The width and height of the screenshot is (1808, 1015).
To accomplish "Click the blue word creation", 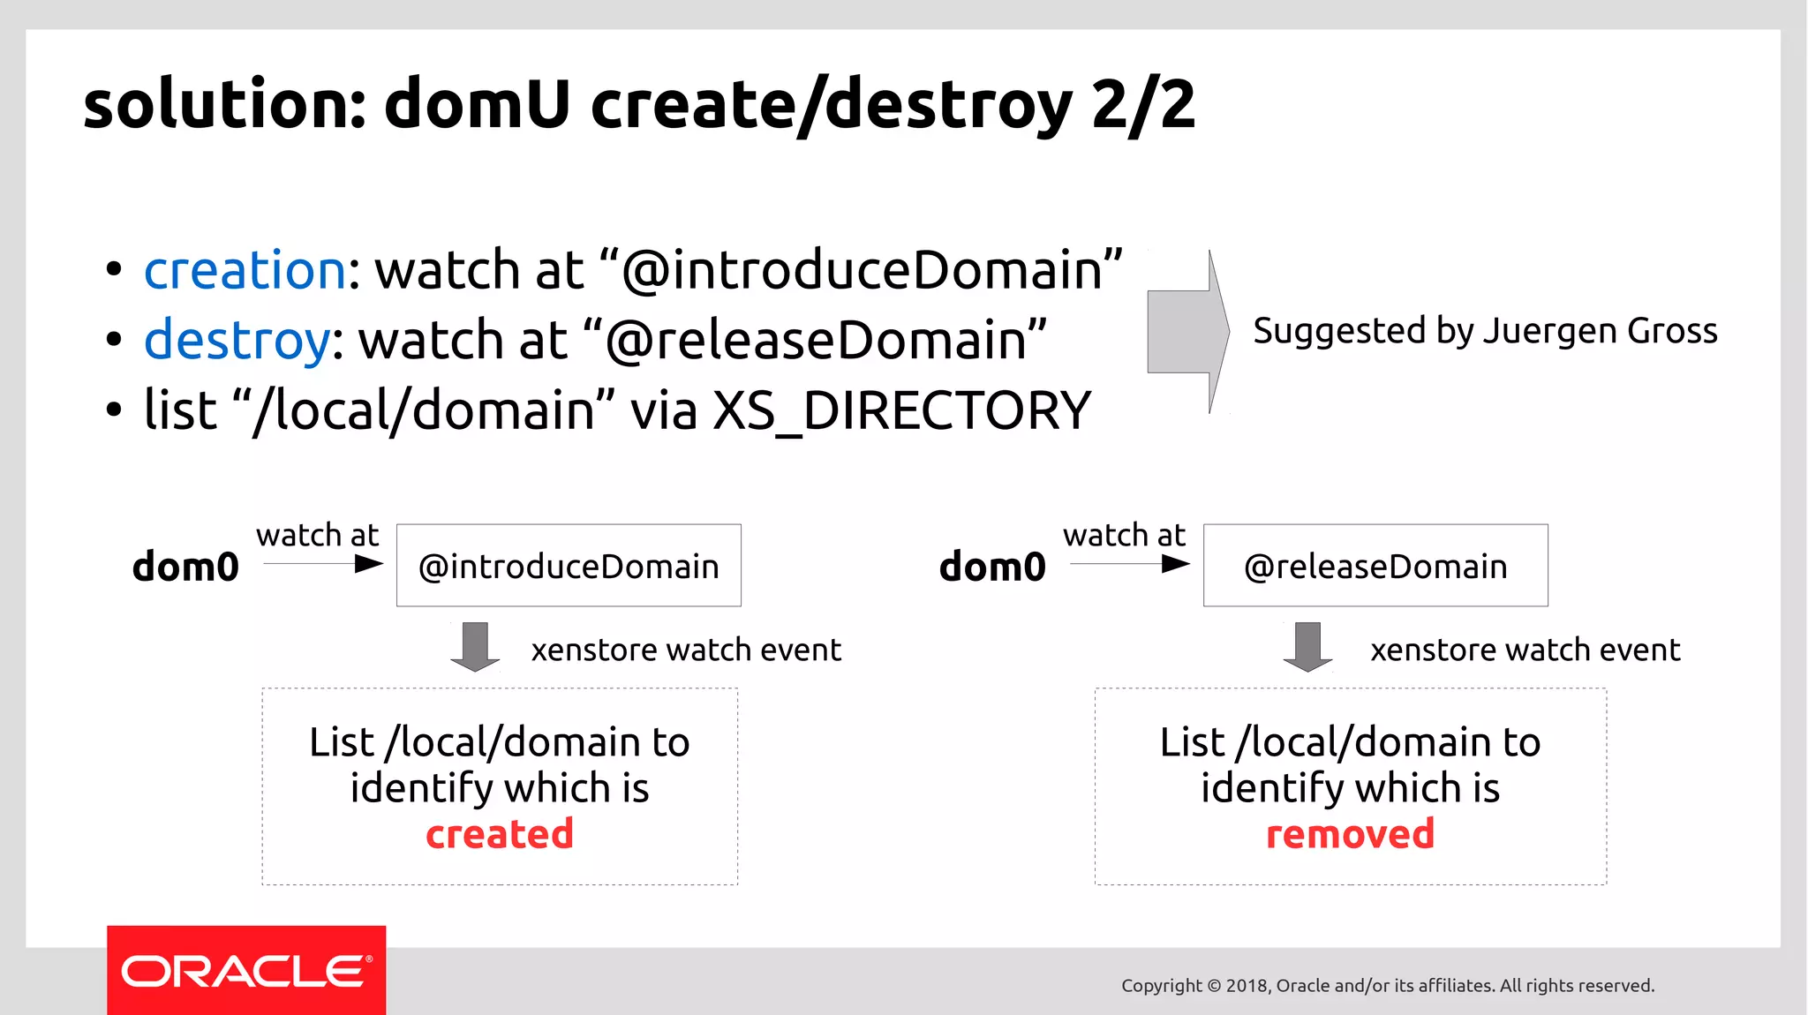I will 245,270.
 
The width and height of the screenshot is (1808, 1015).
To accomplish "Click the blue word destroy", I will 237,341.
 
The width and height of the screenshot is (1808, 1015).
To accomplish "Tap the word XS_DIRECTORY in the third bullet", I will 901,411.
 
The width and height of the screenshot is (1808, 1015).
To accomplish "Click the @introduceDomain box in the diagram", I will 569,566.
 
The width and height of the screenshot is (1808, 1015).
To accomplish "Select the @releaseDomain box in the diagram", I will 1375,566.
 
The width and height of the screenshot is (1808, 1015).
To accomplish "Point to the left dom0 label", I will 185,567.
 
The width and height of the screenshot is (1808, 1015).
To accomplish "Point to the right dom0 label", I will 992,567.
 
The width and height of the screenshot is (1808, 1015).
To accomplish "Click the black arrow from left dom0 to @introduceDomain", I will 323,564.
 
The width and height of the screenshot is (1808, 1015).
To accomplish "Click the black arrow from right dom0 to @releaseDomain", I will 1130,564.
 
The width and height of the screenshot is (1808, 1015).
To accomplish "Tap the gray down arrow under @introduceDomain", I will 475,647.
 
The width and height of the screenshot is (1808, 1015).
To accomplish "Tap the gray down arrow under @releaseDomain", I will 1307,647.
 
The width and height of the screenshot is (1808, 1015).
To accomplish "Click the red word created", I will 500,834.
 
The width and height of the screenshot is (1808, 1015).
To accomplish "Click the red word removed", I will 1350,834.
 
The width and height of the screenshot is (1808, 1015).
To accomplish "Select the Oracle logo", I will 246,971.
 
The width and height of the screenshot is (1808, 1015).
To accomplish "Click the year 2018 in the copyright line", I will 1247,986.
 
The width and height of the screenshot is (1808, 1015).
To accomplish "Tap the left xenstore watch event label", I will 686,650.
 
